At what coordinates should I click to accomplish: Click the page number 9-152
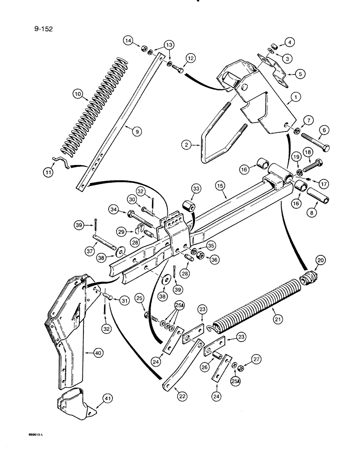42,29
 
